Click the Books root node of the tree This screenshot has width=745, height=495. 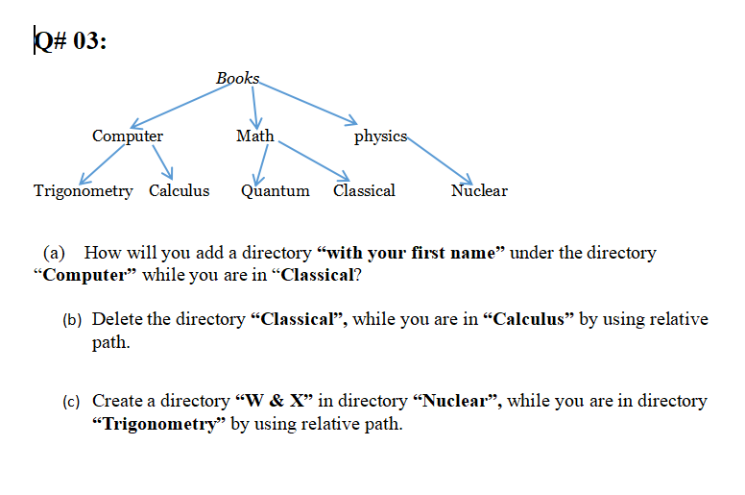237,78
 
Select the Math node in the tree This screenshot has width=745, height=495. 254,136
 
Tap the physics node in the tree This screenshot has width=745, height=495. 380,136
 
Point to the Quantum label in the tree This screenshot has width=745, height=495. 275,190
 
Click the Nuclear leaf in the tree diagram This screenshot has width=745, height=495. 479,190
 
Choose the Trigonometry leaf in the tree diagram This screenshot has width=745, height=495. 84,190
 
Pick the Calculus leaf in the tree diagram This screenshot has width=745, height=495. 179,190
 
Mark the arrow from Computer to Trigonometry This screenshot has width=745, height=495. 101,163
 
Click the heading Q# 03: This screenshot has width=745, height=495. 69,43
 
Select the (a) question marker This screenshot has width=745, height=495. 55,253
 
